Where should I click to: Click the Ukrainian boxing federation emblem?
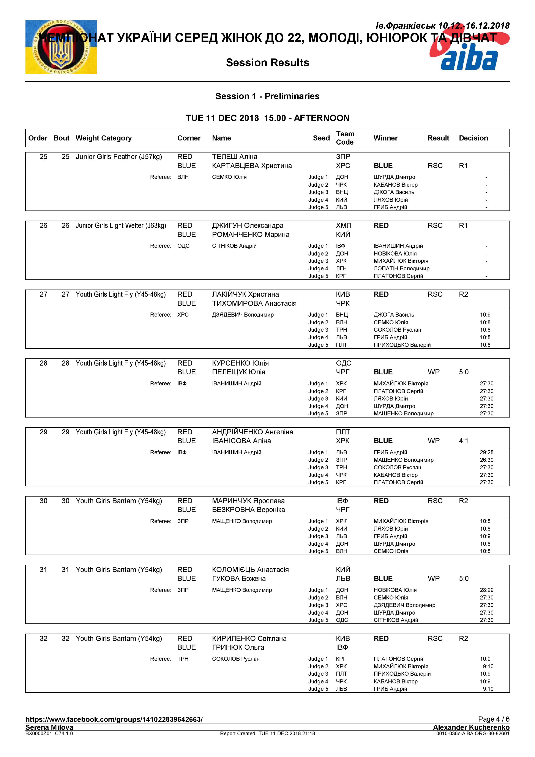pyautogui.click(x=61, y=47)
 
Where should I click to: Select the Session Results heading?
pyautogui.click(x=267, y=63)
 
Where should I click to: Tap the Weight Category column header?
pyautogui.click(x=104, y=138)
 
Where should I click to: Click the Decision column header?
pyautogui.click(x=473, y=138)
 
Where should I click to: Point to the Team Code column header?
pyautogui.click(x=345, y=138)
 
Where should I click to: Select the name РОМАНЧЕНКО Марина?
pyautogui.click(x=251, y=234)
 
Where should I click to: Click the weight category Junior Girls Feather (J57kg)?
pyautogui.click(x=119, y=157)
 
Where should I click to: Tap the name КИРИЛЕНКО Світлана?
pyautogui.click(x=249, y=638)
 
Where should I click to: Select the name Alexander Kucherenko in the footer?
pyautogui.click(x=471, y=727)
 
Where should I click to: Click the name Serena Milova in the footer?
pyautogui.click(x=49, y=727)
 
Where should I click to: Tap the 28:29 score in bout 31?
pyautogui.click(x=486, y=590)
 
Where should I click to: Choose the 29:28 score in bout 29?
pyautogui.click(x=486, y=452)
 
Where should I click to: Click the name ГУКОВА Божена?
pyautogui.click(x=239, y=578)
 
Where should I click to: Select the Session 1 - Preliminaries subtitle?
pyautogui.click(x=267, y=96)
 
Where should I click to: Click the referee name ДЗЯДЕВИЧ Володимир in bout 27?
pyautogui.click(x=243, y=315)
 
